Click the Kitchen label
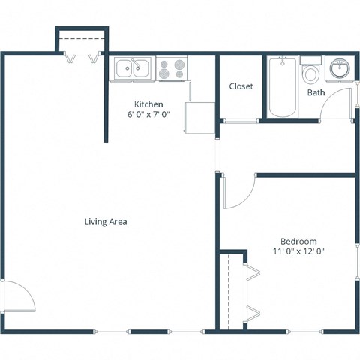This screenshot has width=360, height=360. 148,104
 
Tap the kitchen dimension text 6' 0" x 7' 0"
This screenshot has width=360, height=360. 148,115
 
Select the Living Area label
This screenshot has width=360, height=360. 106,222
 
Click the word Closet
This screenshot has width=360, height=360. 241,86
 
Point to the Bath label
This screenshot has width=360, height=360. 316,93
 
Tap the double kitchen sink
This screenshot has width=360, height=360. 134,69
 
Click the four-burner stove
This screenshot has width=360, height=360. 172,69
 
